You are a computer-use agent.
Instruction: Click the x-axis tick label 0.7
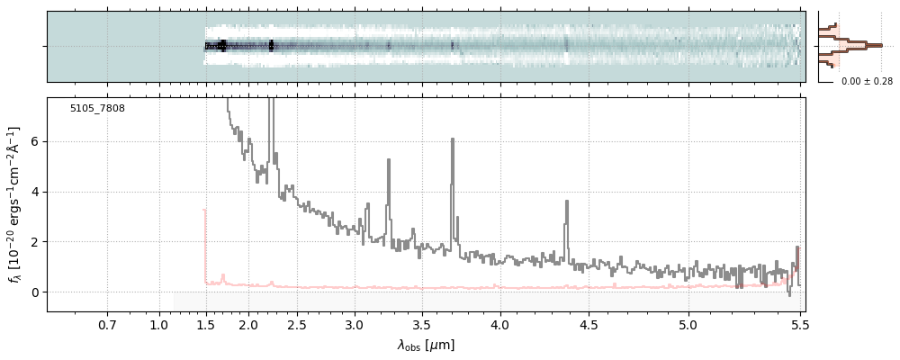click(107, 324)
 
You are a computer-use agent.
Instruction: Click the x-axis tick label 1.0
click(159, 324)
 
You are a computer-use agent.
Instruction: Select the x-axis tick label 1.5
click(205, 324)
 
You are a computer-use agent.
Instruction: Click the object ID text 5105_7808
click(97, 109)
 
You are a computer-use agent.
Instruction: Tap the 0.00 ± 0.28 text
click(867, 82)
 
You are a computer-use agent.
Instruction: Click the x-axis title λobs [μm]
click(426, 345)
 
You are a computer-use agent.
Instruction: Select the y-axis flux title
click(15, 203)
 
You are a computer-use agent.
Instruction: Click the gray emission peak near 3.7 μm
click(452, 139)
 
